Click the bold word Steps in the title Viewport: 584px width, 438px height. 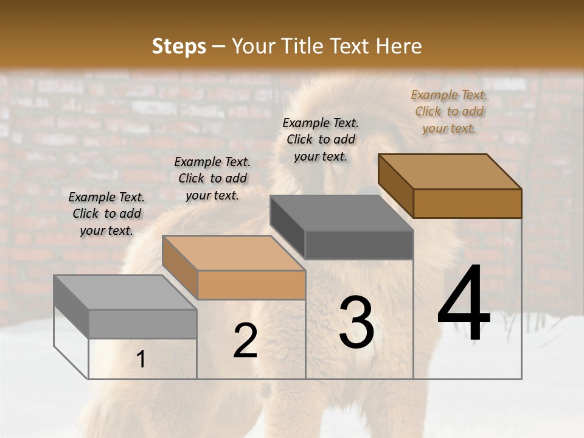tap(179, 46)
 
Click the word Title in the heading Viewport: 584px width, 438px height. tap(304, 46)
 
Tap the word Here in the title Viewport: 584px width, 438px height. tap(399, 46)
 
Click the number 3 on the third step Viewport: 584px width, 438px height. tap(356, 322)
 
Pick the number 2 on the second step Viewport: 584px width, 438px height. tap(245, 341)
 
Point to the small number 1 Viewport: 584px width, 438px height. tap(141, 360)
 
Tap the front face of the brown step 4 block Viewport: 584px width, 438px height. tap(467, 203)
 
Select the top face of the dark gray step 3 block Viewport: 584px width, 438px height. tap(341, 213)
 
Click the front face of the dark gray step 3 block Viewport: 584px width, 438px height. tap(359, 245)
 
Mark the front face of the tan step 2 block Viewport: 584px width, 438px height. tap(251, 285)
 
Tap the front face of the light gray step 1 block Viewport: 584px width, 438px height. tap(142, 324)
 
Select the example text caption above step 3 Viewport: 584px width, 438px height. tap(321, 139)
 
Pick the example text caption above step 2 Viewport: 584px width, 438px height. tap(212, 178)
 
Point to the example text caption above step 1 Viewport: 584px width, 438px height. tap(106, 214)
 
